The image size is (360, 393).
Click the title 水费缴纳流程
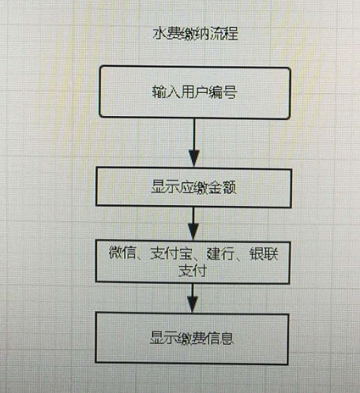click(195, 33)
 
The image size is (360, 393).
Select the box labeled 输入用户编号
click(195, 92)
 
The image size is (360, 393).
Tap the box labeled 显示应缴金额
click(193, 187)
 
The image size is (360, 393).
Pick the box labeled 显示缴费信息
click(192, 338)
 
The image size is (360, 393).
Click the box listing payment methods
click(193, 262)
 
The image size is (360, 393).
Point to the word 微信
click(122, 253)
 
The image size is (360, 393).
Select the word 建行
click(220, 253)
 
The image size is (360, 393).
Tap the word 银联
click(264, 254)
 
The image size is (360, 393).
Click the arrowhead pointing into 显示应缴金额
click(194, 159)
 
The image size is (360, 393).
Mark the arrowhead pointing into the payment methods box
click(193, 231)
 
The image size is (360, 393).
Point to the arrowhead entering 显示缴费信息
click(193, 304)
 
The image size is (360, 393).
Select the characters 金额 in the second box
click(223, 188)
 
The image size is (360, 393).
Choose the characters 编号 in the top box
click(223, 92)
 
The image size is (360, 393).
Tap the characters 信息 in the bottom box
click(220, 338)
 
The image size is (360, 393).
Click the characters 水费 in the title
click(167, 33)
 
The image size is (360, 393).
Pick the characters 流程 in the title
click(224, 33)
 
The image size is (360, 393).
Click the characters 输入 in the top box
click(166, 92)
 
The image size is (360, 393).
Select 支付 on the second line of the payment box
click(193, 271)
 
